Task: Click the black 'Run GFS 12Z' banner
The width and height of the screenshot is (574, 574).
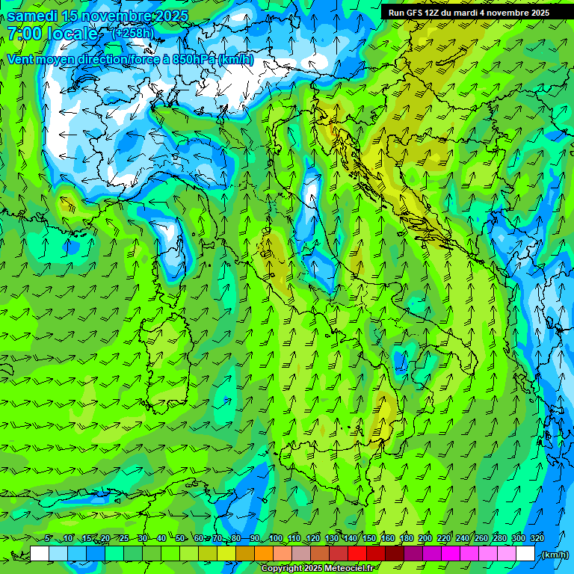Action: (469, 13)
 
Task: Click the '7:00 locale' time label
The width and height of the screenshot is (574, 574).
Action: (52, 34)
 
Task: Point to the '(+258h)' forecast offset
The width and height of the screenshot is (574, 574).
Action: (133, 33)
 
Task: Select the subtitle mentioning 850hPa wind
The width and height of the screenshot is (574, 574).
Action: (130, 59)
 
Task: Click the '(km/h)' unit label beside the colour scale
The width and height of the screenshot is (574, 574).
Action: (554, 554)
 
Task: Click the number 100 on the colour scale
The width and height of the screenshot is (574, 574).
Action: (276, 538)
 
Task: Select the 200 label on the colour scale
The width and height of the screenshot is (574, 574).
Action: (425, 538)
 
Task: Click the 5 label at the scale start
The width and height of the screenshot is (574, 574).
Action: (47, 538)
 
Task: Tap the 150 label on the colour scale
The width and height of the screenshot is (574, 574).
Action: (369, 538)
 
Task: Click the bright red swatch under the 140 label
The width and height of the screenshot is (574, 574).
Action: (357, 554)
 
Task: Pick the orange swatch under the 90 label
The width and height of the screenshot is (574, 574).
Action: (264, 554)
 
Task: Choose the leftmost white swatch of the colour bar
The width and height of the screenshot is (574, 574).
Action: (40, 554)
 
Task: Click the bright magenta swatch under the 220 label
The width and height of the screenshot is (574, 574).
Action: (451, 554)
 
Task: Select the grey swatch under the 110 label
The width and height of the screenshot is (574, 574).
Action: (301, 554)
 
